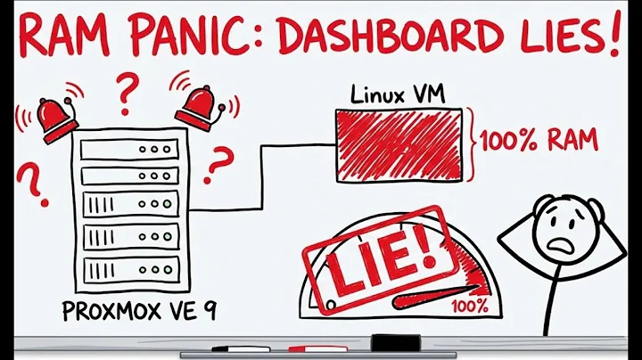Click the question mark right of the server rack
221,165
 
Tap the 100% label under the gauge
469,306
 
